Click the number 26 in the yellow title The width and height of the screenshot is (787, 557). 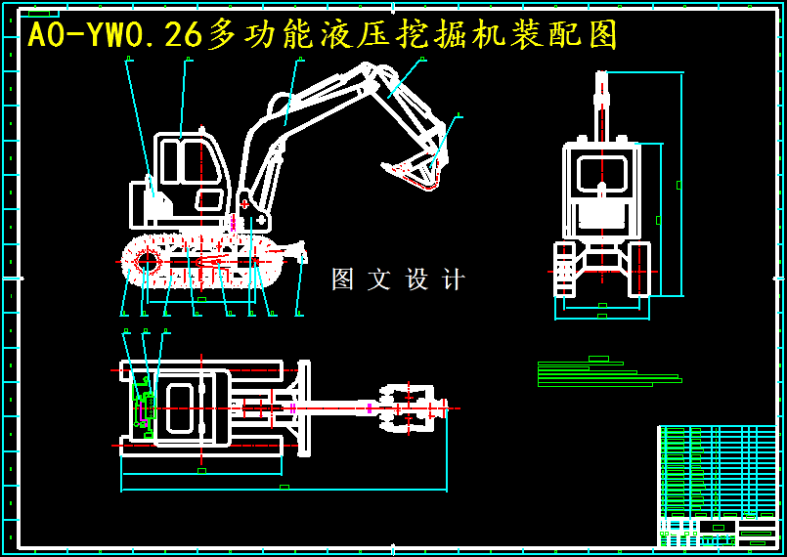point(183,35)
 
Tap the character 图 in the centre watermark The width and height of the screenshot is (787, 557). point(342,279)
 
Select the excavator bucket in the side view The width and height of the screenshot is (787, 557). point(415,172)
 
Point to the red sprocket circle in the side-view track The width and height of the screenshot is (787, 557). point(148,261)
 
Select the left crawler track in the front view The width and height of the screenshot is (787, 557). point(564,270)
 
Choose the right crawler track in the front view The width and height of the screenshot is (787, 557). point(639,270)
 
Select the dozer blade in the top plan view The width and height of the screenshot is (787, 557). point(304,407)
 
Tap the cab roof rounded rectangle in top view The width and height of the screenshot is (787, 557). point(180,407)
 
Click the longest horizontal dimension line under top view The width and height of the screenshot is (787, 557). point(284,490)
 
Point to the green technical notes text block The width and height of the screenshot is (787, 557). point(606,374)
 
